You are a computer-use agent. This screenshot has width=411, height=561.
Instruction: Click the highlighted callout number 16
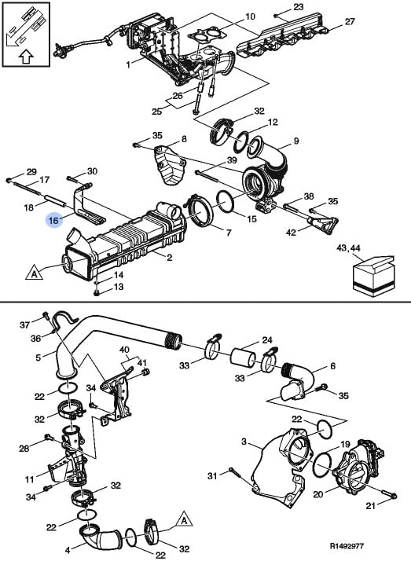click(x=53, y=220)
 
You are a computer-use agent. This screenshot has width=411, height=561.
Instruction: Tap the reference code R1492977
click(x=347, y=547)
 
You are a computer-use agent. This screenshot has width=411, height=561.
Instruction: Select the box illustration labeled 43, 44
click(x=373, y=275)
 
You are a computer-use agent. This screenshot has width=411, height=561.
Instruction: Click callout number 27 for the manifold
click(x=350, y=21)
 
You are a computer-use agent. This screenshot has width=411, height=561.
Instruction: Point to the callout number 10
click(x=250, y=16)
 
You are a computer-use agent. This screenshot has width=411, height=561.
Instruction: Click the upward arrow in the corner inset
click(x=26, y=57)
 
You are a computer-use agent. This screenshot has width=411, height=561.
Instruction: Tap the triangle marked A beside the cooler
click(x=35, y=272)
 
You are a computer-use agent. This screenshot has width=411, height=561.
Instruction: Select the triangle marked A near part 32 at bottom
click(x=184, y=519)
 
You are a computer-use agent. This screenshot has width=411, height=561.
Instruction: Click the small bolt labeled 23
click(x=277, y=15)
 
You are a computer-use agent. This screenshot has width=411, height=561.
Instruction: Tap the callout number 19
click(x=345, y=445)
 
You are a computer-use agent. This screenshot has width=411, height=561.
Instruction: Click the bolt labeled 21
click(x=387, y=494)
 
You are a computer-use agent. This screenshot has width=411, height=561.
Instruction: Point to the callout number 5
click(x=39, y=357)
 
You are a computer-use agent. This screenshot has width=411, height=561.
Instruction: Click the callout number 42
click(x=292, y=233)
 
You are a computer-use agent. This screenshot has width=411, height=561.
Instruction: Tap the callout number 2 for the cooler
click(x=169, y=257)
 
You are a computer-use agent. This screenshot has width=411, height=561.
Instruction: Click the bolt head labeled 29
click(x=9, y=180)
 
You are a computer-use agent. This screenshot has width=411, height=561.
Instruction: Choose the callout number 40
click(x=124, y=350)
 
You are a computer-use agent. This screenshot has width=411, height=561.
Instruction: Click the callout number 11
click(x=30, y=479)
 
